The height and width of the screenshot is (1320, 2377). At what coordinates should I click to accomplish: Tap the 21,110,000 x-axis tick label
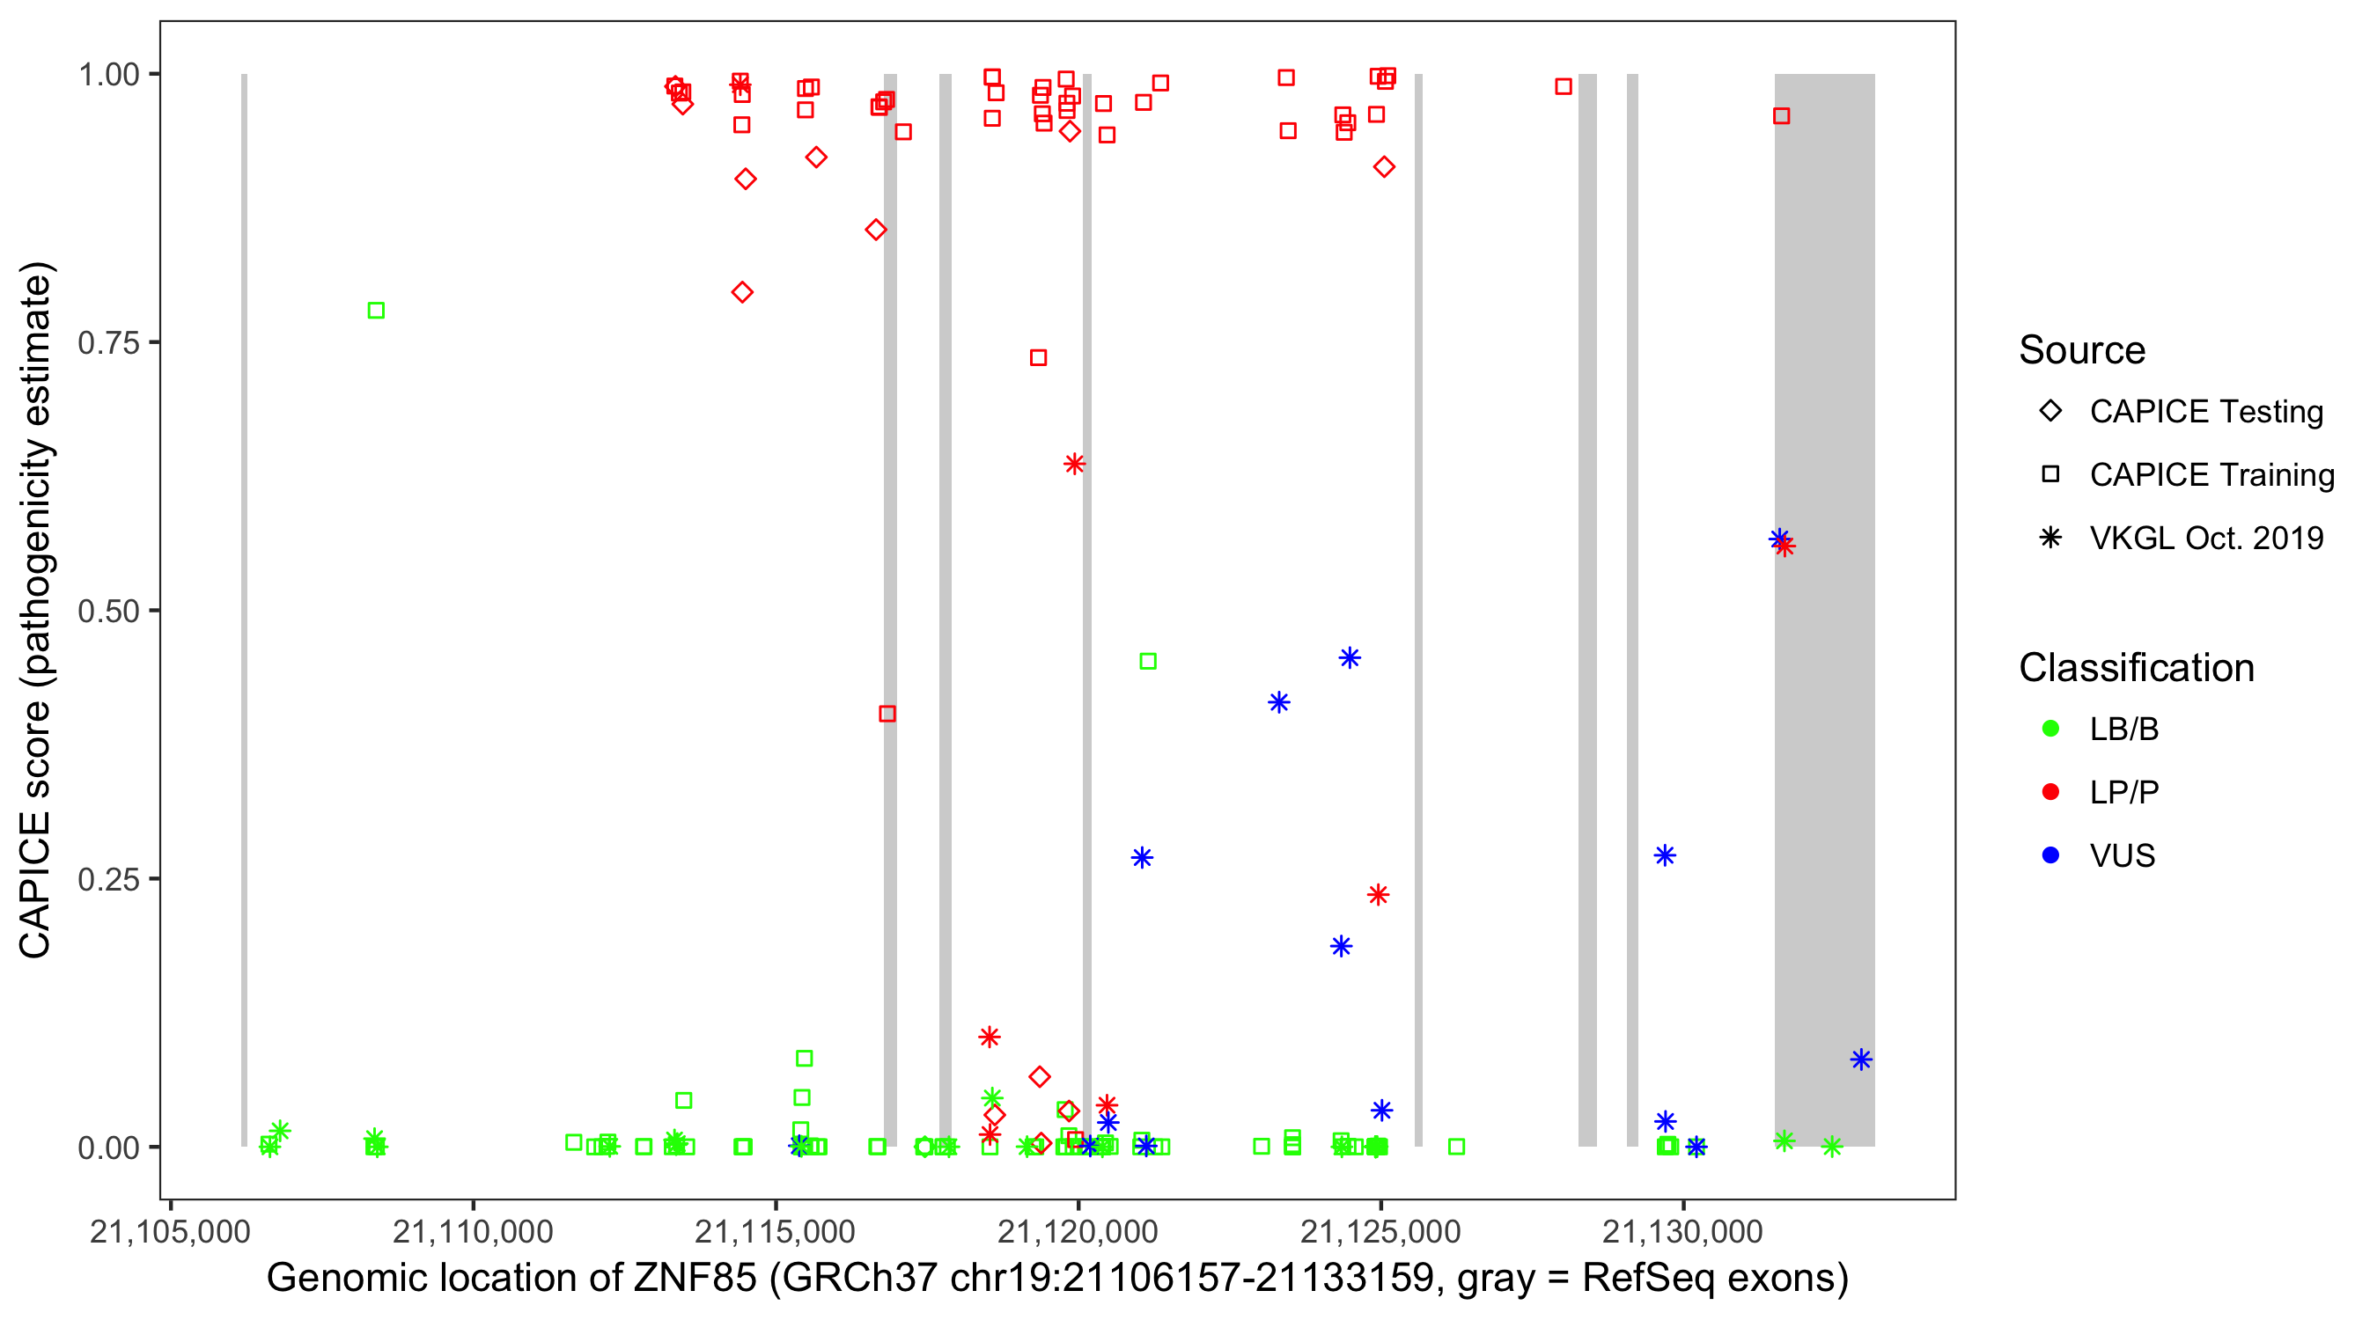(473, 1231)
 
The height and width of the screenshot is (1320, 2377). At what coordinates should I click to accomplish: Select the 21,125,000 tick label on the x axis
(1380, 1231)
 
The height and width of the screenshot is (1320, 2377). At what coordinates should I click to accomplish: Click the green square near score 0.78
(376, 311)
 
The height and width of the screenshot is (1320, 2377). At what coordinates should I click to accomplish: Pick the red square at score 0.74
(1038, 358)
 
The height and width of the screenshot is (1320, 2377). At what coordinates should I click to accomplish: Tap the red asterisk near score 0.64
(1074, 464)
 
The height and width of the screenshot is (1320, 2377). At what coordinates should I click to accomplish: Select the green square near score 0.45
(1148, 662)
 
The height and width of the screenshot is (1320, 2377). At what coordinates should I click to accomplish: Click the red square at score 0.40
(887, 714)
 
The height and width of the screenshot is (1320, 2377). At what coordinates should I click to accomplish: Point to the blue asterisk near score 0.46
(1350, 658)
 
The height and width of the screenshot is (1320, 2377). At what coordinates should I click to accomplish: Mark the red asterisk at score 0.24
(1379, 895)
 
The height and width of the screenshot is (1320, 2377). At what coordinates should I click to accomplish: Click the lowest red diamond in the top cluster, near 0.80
(742, 292)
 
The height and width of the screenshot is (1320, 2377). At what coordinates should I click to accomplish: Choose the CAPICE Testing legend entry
(2205, 412)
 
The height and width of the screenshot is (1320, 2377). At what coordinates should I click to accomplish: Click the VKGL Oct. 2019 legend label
(2205, 538)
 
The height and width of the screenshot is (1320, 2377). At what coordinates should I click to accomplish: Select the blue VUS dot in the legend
(2051, 855)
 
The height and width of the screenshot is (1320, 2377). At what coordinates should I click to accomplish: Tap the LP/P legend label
(2124, 792)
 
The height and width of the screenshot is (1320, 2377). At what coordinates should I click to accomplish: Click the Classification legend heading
(2136, 668)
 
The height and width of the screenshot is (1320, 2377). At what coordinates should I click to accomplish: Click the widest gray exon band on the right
(1824, 609)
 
